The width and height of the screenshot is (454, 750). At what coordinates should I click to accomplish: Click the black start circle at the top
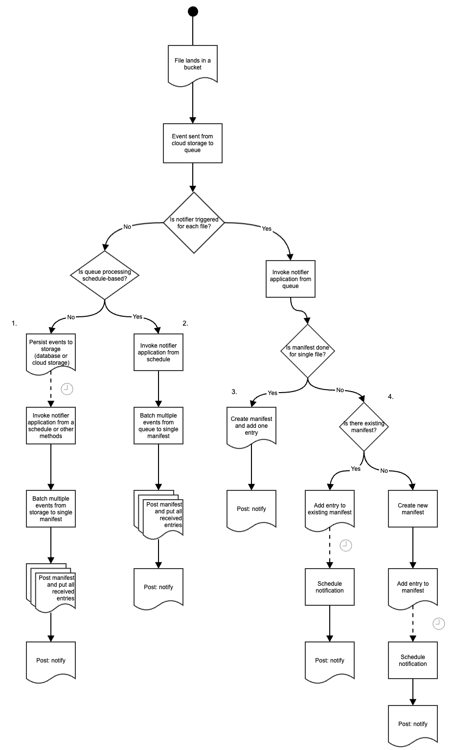click(x=193, y=11)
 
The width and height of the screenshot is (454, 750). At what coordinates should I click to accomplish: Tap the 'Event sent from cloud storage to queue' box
click(x=193, y=143)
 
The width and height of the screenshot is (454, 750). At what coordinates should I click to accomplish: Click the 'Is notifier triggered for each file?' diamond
click(x=194, y=223)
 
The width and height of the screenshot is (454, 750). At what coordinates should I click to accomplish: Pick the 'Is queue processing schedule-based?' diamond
click(x=105, y=275)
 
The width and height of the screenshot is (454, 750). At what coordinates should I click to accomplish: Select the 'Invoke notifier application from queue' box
click(x=291, y=279)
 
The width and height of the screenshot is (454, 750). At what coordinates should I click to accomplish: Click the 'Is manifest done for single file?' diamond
click(x=308, y=351)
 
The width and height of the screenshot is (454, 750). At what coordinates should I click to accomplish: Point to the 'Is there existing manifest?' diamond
click(x=364, y=427)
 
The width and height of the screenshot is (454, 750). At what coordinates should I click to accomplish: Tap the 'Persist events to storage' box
click(x=51, y=353)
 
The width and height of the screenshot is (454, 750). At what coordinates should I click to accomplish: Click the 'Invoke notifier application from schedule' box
click(x=159, y=353)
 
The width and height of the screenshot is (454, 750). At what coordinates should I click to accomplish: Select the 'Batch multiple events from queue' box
click(x=159, y=426)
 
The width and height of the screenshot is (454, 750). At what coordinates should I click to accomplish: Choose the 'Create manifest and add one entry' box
click(x=251, y=425)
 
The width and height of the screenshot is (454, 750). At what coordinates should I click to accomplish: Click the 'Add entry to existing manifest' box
click(x=330, y=509)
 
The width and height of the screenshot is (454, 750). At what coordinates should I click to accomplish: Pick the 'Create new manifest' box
click(x=413, y=509)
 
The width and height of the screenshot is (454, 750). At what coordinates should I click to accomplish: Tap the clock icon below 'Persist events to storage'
click(x=67, y=389)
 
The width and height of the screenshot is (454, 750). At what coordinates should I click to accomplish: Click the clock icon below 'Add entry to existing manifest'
click(x=346, y=546)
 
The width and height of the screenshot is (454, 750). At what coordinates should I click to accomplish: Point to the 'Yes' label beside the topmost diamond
click(x=267, y=229)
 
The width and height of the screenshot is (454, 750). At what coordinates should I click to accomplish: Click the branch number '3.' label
click(x=234, y=392)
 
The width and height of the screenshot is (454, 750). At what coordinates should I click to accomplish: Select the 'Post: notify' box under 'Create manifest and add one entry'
click(x=251, y=509)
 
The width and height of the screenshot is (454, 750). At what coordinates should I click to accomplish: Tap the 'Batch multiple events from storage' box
click(x=51, y=509)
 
